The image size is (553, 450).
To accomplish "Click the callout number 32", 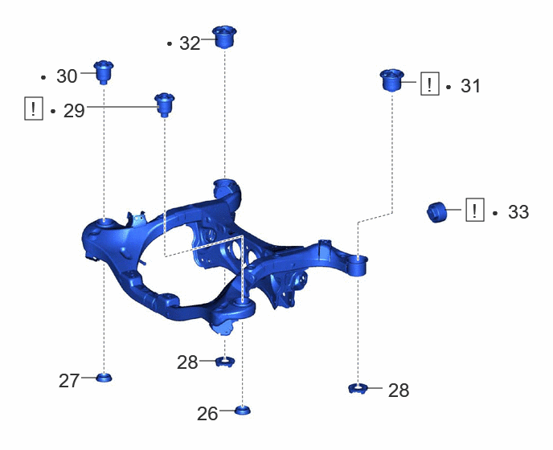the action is tap(190, 43).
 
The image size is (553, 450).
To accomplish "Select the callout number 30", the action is tap(67, 76).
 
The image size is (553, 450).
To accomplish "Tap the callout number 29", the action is tap(74, 111).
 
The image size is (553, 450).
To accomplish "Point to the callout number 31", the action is tap(470, 86).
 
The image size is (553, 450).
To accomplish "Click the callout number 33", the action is tap(518, 212).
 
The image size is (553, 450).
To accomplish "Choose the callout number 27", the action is tap(69, 381).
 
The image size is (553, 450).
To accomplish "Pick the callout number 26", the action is tap(207, 414).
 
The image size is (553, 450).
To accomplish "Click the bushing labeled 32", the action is tap(224, 37).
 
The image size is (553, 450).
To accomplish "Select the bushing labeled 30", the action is tap(104, 72).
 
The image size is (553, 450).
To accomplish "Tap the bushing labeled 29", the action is tap(165, 104).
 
